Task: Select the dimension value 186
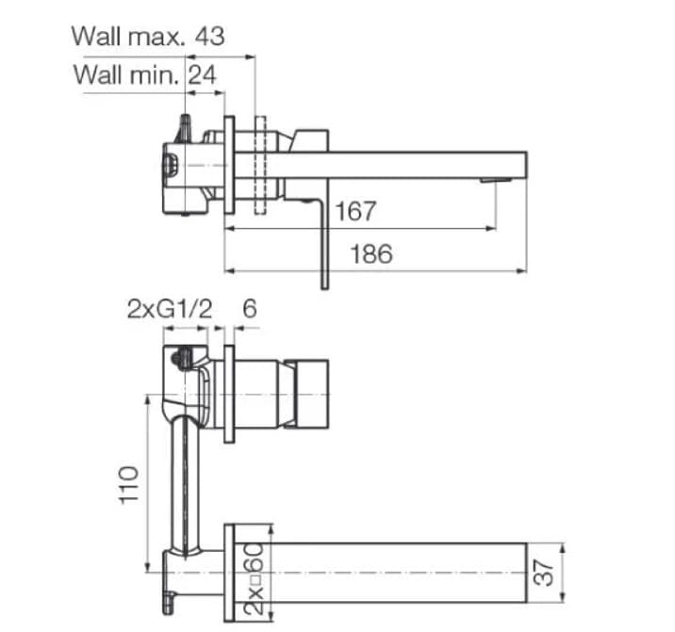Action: (371, 253)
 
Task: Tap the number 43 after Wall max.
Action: (210, 37)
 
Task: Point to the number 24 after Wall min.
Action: (201, 74)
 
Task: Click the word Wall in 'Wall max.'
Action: (98, 37)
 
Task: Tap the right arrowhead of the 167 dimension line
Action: (492, 228)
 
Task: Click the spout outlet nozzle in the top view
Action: (489, 180)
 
